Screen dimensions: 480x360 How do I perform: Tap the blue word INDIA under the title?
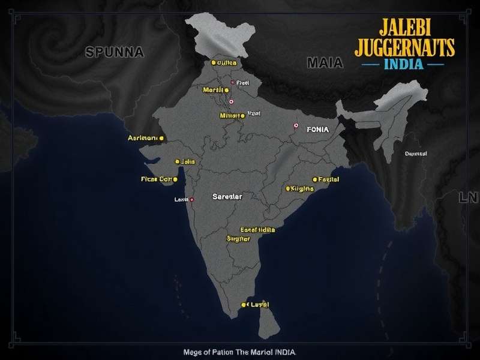pos(402,63)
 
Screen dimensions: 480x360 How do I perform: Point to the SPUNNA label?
pos(115,52)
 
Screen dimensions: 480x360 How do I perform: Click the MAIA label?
pos(325,62)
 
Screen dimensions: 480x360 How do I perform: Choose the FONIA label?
pos(319,128)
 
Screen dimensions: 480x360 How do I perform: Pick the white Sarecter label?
pos(227,196)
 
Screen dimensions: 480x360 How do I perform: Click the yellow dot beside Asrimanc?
pos(161,139)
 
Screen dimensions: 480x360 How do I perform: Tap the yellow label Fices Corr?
pos(156,179)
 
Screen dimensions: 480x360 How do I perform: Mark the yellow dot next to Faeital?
pos(314,179)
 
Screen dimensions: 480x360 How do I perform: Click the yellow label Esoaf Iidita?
pos(257,230)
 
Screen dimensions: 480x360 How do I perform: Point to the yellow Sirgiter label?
pos(238,238)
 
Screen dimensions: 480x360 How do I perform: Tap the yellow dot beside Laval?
pos(244,305)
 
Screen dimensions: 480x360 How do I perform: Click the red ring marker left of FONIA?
pos(295,126)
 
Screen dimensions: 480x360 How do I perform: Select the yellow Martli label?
pos(213,90)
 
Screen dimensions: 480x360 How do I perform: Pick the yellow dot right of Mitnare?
pos(242,115)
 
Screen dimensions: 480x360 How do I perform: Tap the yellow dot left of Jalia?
pos(177,161)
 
